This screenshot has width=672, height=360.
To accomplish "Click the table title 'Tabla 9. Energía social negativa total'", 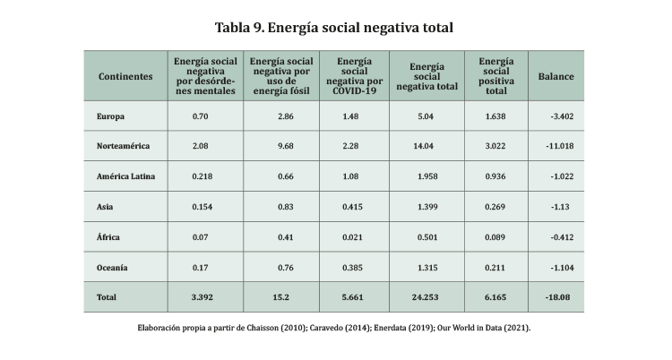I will point(334,28).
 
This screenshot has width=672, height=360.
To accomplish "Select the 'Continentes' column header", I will point(125,76).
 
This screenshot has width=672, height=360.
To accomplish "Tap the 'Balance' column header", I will point(556,76).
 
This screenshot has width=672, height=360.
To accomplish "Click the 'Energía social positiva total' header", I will point(495,76).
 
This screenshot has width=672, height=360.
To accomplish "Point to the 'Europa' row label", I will point(110,116).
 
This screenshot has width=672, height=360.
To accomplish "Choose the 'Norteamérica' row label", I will point(123,146).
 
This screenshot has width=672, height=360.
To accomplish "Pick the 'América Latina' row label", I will point(125,176).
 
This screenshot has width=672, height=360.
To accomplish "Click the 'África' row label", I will point(108,237).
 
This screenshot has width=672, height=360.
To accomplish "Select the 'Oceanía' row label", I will point(112,268).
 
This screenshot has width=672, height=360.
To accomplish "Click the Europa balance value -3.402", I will point(563,116).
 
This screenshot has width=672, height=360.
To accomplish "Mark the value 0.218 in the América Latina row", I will point(202,176).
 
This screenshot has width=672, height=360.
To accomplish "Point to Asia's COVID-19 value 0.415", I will point(350,207).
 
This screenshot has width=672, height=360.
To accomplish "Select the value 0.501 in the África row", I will point(426,237).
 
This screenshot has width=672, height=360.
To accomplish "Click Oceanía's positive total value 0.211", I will point(495,268).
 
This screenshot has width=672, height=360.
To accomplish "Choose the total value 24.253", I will point(426,296).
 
